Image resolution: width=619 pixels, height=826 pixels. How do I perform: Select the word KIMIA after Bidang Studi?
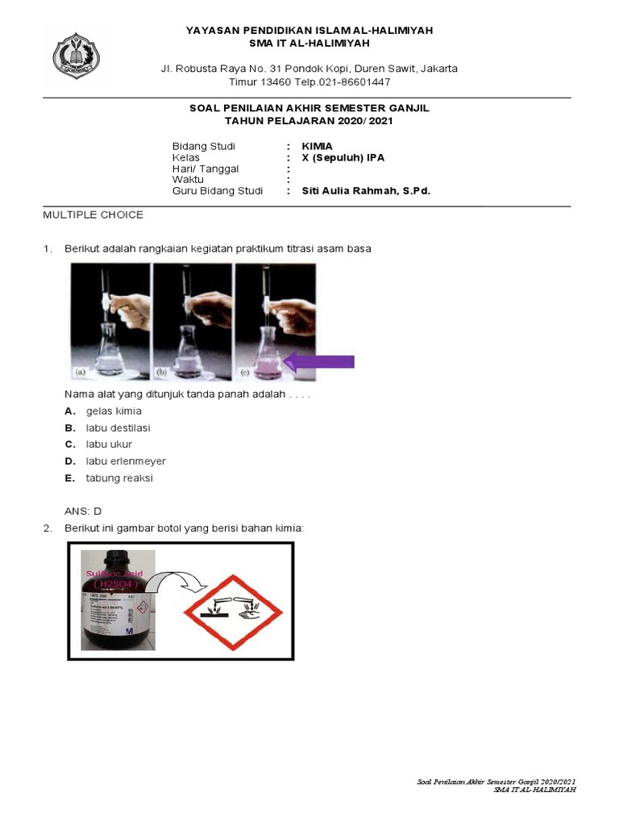(x=317, y=146)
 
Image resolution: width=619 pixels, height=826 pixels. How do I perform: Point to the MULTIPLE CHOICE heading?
(x=93, y=215)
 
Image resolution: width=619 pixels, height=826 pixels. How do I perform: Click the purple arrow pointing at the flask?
(x=319, y=361)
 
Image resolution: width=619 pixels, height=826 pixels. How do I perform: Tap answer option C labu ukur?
(x=109, y=444)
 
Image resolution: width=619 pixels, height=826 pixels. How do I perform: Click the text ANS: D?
(x=83, y=511)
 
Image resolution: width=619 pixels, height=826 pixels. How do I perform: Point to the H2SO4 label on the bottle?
(x=118, y=583)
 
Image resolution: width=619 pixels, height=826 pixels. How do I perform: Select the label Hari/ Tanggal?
(x=206, y=169)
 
